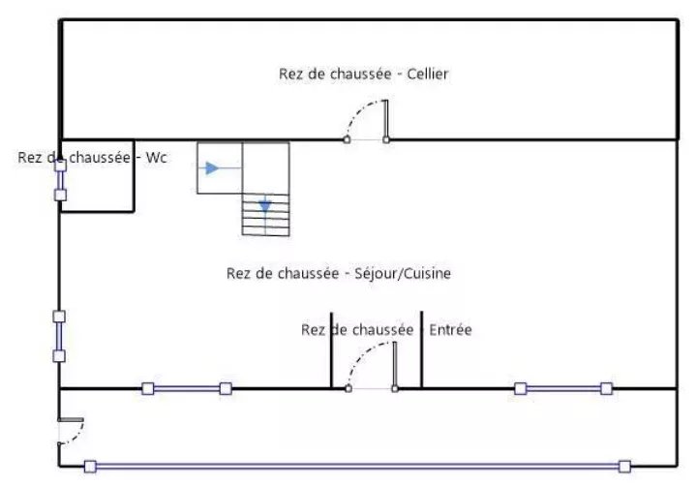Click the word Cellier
(x=428, y=74)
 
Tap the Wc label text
(x=156, y=157)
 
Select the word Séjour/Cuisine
(x=403, y=273)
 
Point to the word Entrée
(x=450, y=330)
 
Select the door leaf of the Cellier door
(x=385, y=119)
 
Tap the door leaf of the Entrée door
(x=395, y=365)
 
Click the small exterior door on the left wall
(x=71, y=431)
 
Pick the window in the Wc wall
(x=60, y=180)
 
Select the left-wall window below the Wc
(x=59, y=336)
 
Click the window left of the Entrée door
(x=187, y=389)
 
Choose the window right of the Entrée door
(x=563, y=389)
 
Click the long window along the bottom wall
(x=357, y=467)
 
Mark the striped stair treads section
(x=266, y=215)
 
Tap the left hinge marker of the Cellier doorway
(x=347, y=139)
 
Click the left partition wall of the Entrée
(x=332, y=350)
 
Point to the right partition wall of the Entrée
(x=422, y=349)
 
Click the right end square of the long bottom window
(x=624, y=467)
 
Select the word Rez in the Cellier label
(x=290, y=74)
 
